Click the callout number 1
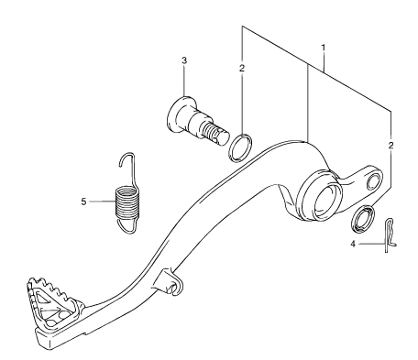coord(323,48)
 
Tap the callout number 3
coord(184,60)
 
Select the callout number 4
coord(353,244)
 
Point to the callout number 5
coord(83,202)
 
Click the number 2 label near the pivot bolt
coord(242,68)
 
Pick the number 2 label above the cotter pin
coord(390,145)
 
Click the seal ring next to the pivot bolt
coord(240,147)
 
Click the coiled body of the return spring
coord(127,203)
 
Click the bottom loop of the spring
coord(127,226)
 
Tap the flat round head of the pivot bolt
coord(177,115)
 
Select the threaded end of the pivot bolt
coord(215,134)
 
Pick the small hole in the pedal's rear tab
coord(372,180)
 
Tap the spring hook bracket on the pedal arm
coord(170,282)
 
